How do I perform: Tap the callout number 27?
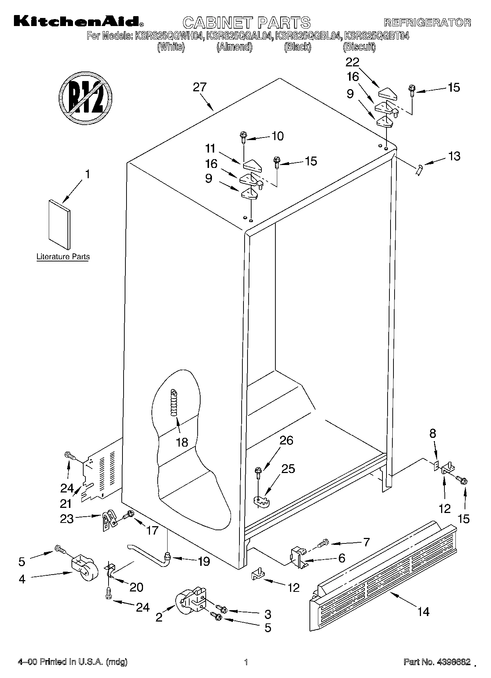pos(200,87)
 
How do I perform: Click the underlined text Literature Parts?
pos(63,257)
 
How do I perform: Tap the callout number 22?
pos(352,62)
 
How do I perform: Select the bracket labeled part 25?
pos(261,501)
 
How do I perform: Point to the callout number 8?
pos(433,433)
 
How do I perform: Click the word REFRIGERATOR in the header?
pos(427,22)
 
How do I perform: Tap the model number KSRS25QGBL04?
pos(309,36)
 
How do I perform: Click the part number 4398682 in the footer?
pos(453,662)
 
